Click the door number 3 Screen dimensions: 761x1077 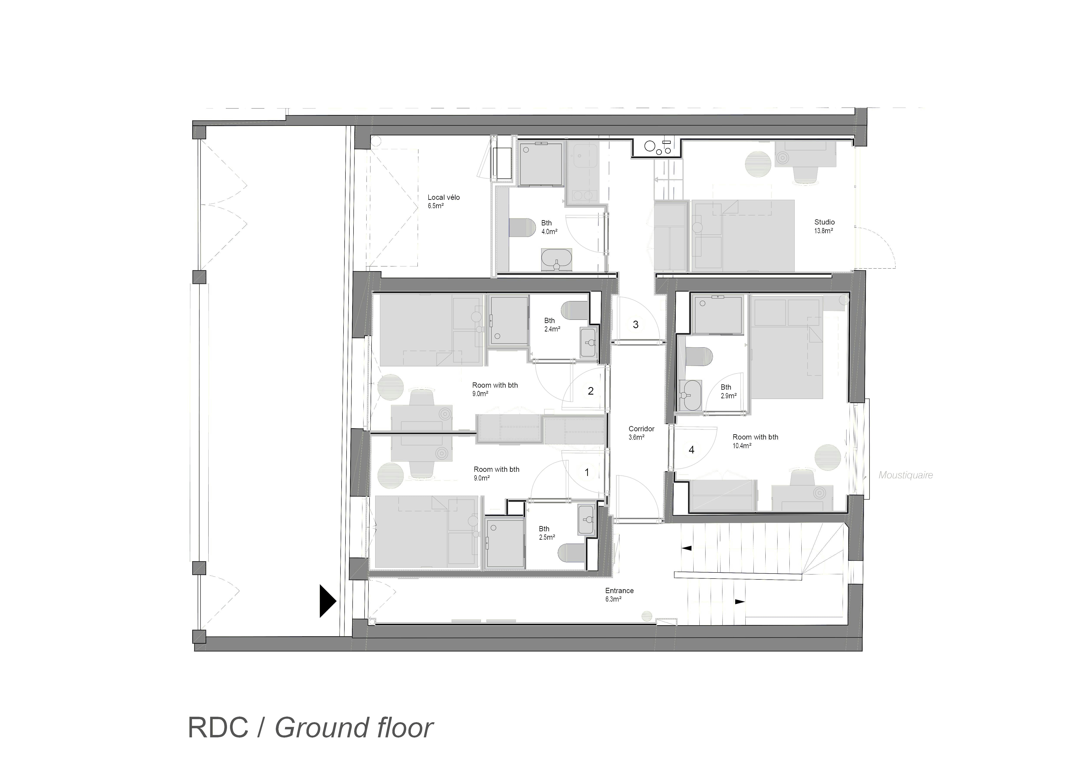636,325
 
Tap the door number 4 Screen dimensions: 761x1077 691,450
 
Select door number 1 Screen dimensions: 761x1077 586,473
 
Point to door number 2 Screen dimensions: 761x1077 590,391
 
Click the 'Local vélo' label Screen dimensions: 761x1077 443,197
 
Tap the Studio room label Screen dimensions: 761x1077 824,222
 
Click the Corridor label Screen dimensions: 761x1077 641,429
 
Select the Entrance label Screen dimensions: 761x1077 619,591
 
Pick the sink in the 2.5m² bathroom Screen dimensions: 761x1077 586,520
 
